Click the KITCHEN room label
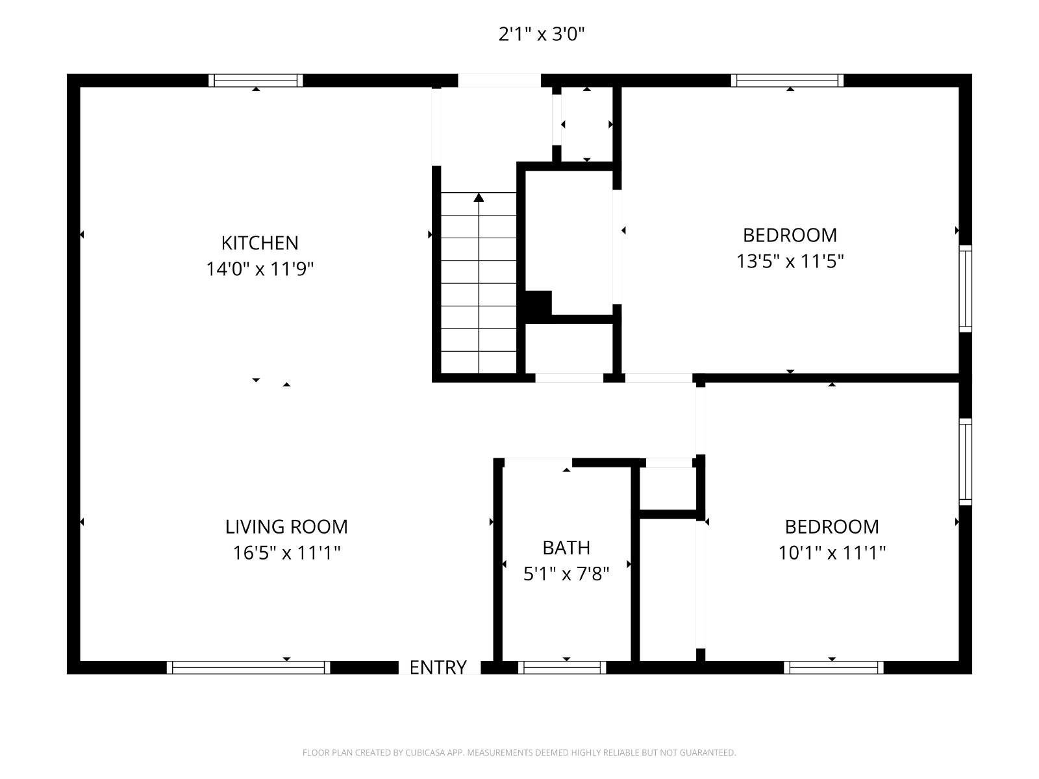click(x=260, y=243)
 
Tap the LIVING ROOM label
click(x=286, y=527)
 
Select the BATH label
click(x=566, y=548)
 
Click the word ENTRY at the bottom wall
click(x=438, y=667)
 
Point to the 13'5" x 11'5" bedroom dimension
click(x=790, y=261)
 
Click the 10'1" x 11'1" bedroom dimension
click(x=832, y=552)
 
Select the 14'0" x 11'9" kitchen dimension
click(x=260, y=269)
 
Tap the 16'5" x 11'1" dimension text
click(x=286, y=552)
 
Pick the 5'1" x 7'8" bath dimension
click(x=566, y=574)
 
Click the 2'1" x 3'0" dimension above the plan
click(x=542, y=34)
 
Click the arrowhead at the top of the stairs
click(x=479, y=197)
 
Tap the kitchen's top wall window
click(x=256, y=80)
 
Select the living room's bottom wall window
click(x=249, y=667)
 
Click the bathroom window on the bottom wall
click(x=562, y=667)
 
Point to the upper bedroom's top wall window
click(x=787, y=80)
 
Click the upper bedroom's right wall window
click(x=965, y=288)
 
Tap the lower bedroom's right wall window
click(x=965, y=462)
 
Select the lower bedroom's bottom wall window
click(x=834, y=667)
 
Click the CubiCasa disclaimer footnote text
click(x=519, y=752)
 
